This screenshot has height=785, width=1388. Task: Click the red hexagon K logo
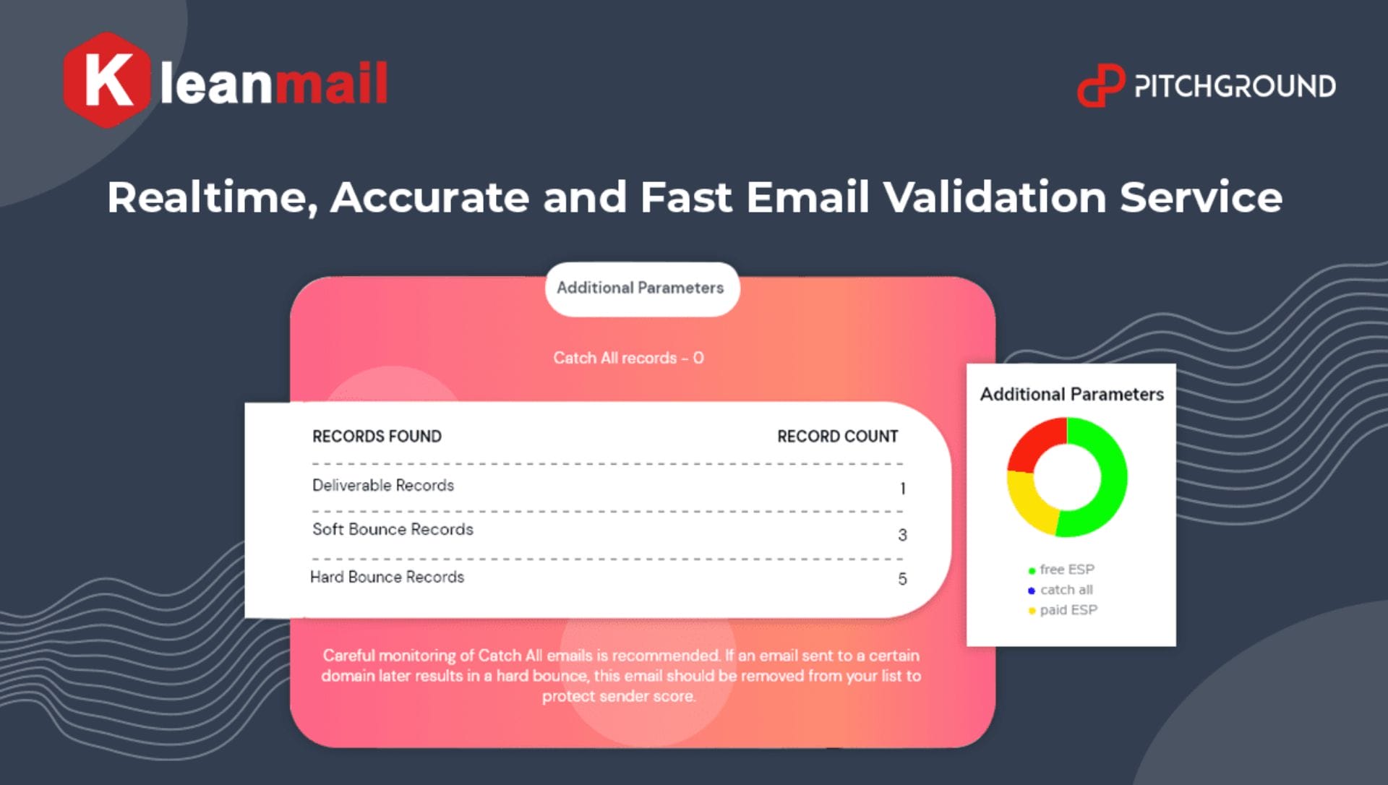106,80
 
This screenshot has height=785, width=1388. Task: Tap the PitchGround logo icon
1100,85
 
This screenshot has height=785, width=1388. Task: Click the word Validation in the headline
994,197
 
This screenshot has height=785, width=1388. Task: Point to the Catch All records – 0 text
628,358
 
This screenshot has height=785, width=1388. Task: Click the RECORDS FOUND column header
377,437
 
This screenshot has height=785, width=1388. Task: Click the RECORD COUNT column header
837,437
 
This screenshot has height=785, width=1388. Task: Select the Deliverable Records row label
383,485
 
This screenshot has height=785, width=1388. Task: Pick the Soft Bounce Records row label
393,529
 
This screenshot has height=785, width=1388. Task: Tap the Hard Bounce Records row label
387,577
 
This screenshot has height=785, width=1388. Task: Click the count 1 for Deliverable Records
902,489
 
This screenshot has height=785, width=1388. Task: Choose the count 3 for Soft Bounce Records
902,535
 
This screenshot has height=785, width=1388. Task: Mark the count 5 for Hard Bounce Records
902,579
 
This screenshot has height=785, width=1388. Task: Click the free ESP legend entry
1061,570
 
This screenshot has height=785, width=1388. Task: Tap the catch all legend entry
1061,590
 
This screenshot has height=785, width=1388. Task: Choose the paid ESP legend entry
1063,610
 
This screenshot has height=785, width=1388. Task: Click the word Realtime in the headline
212,198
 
